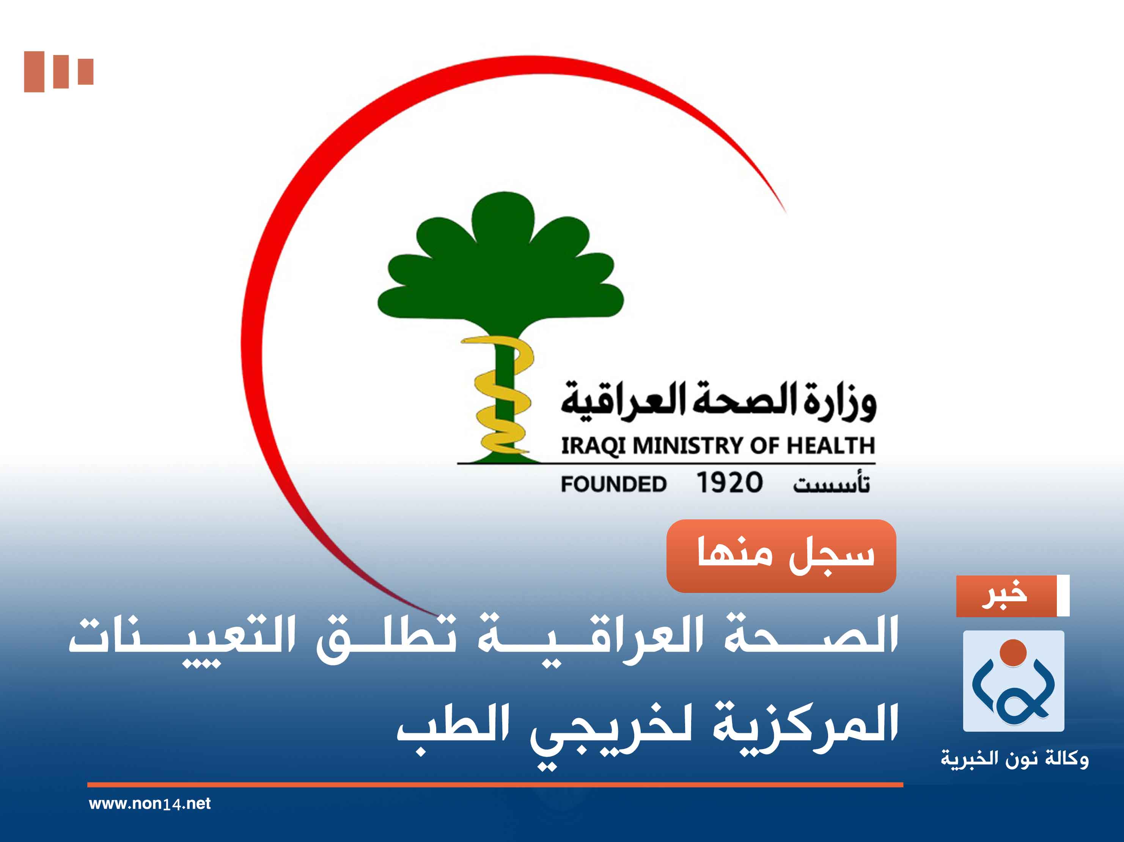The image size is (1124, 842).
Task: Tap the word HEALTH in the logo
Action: tap(830, 445)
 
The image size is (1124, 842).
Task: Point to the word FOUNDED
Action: tap(613, 484)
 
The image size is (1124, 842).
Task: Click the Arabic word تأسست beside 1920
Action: tap(831, 484)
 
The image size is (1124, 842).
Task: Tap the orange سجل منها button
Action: tap(781, 555)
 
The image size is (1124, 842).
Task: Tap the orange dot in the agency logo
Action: tap(1013, 652)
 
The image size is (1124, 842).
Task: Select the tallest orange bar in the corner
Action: tap(34, 72)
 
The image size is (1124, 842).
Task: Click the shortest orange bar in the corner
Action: tap(85, 72)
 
